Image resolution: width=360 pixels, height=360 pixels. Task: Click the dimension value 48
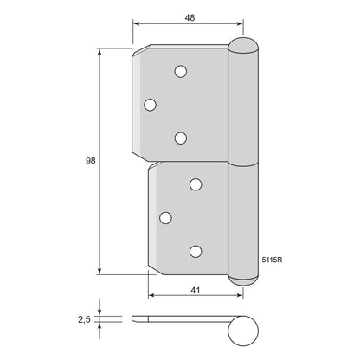coord(190,17)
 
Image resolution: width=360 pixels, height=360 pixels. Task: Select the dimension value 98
coord(91,161)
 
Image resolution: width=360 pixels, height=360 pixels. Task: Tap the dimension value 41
coord(196,290)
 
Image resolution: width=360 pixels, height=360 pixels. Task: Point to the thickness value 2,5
coord(84,319)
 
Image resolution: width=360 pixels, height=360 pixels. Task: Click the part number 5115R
coord(272,260)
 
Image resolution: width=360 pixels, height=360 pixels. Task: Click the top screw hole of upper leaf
coord(181,71)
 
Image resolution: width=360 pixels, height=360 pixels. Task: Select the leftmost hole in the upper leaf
coord(150,105)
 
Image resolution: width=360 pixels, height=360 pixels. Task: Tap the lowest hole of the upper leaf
coord(181,138)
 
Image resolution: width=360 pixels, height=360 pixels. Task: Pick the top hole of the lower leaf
coord(196,184)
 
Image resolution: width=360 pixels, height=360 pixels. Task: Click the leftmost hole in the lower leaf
coord(165,218)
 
